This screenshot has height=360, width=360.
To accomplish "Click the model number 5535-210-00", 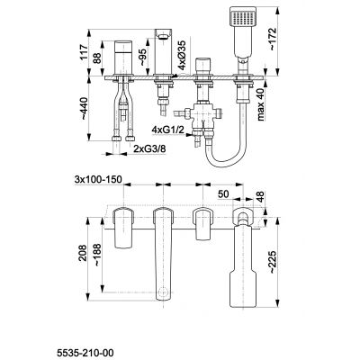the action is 85,353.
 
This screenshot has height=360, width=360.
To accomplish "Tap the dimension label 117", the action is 85,51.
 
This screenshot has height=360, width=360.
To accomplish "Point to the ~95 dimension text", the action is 143,57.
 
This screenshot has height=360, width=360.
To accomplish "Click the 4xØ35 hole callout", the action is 182,54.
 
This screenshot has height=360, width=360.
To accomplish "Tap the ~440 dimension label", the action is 85,109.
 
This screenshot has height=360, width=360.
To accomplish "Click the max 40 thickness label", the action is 261,104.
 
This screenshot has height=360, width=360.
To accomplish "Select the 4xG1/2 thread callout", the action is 167,130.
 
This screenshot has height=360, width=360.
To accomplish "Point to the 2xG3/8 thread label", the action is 149,148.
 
